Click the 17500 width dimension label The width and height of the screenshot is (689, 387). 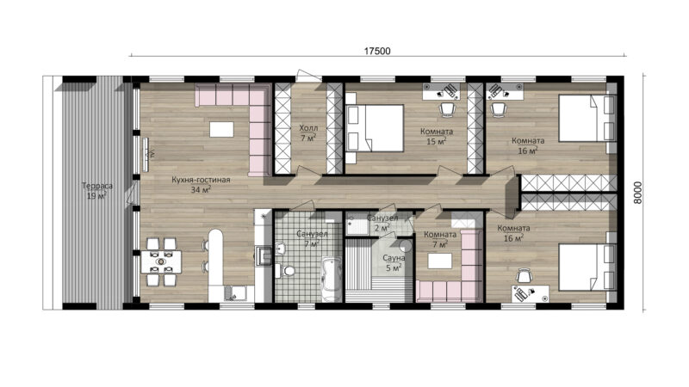[x=377, y=51]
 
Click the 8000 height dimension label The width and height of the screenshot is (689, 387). [x=637, y=193]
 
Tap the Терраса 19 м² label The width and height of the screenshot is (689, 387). [x=96, y=191]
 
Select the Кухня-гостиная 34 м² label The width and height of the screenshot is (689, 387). [x=201, y=185]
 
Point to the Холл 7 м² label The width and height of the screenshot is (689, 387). [x=308, y=133]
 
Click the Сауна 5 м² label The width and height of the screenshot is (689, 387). [x=394, y=263]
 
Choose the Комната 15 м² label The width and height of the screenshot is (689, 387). [x=437, y=136]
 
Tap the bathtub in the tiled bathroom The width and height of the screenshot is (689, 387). [x=332, y=279]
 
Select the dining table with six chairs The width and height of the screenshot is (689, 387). [x=161, y=262]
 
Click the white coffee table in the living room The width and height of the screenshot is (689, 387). [x=221, y=130]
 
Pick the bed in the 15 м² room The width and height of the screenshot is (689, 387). [x=375, y=127]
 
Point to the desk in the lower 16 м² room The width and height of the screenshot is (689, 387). [x=530, y=294]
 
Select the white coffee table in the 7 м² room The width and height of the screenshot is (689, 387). [x=440, y=261]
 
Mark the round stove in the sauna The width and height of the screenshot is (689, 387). [x=405, y=246]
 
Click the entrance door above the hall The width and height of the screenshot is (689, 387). [x=309, y=76]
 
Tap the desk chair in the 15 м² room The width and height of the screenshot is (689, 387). [x=447, y=110]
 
